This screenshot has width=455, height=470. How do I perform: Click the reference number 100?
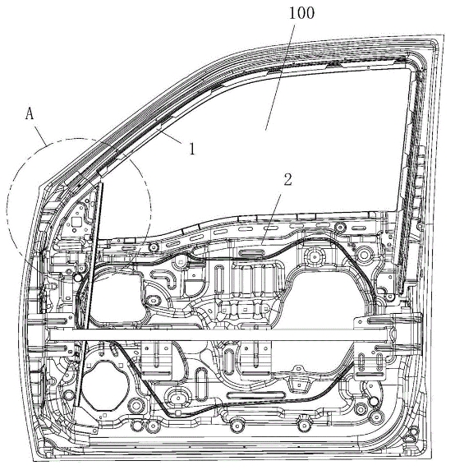click(x=301, y=13)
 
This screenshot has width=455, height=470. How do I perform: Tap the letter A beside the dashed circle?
click(x=30, y=114)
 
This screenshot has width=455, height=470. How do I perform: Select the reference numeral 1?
click(x=192, y=149)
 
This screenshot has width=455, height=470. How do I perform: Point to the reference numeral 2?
click(x=287, y=180)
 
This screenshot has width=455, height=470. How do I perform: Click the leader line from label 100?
click(x=280, y=76)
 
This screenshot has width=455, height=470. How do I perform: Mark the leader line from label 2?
click(x=271, y=219)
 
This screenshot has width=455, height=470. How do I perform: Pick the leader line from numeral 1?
click(x=171, y=135)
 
